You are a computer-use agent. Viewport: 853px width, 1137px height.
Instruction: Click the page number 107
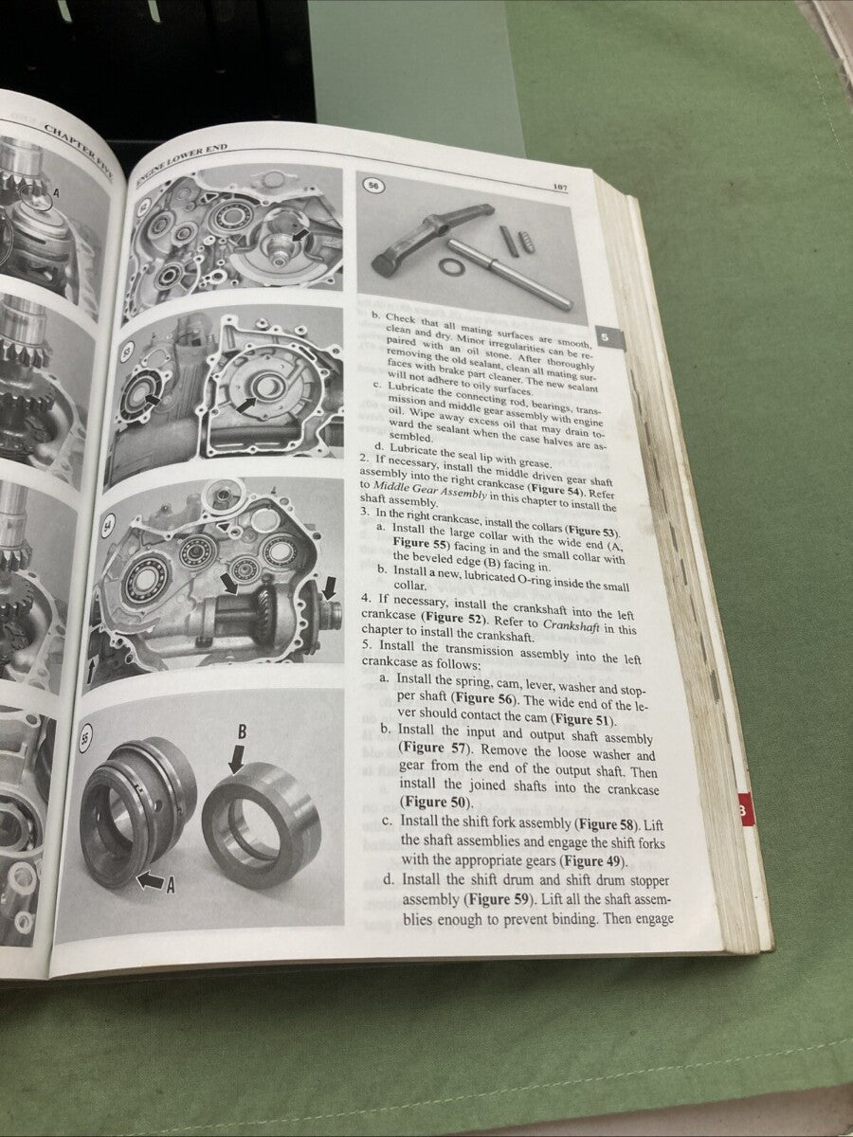click(x=559, y=188)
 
